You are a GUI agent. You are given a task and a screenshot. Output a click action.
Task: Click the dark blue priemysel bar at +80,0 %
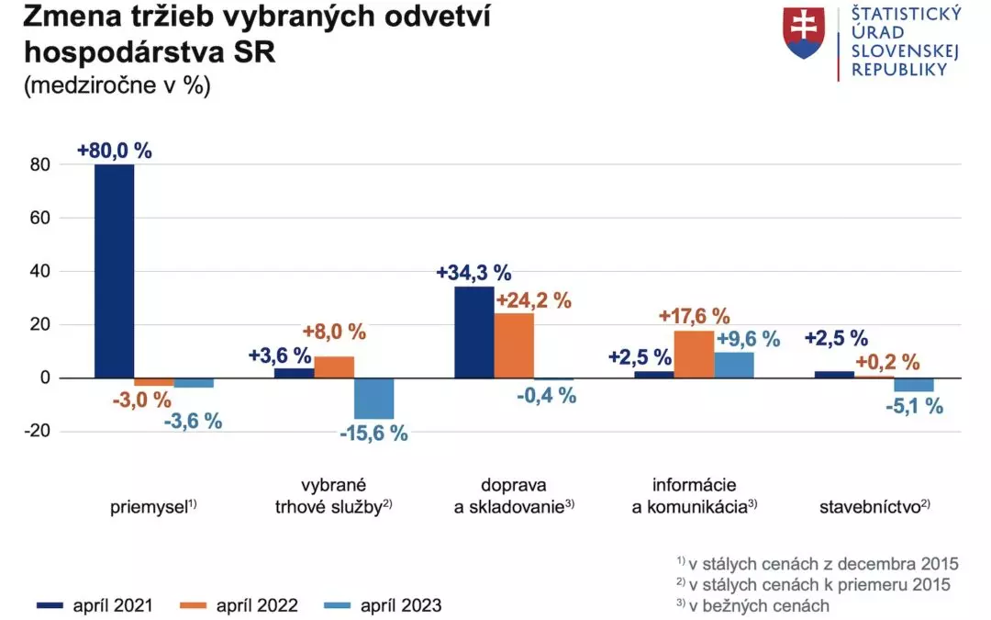(115, 271)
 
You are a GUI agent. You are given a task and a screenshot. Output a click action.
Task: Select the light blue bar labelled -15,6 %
(373, 399)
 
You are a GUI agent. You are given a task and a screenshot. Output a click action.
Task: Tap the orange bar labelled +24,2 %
(514, 345)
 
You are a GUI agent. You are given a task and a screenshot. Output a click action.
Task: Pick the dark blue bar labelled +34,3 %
(474, 333)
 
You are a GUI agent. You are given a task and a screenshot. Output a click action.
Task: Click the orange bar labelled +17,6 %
(694, 355)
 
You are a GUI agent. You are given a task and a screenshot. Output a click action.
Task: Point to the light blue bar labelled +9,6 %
(734, 365)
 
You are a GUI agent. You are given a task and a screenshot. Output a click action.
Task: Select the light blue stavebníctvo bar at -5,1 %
(913, 385)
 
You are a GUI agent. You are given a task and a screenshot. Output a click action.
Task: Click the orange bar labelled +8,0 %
(334, 366)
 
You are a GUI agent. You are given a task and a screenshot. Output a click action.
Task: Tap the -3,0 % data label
(142, 400)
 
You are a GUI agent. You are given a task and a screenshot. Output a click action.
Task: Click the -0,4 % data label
(547, 396)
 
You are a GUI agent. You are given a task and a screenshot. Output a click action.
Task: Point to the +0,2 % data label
(887, 362)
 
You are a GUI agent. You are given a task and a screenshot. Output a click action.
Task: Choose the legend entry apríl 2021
(95, 605)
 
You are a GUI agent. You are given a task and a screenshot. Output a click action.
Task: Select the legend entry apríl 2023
(383, 605)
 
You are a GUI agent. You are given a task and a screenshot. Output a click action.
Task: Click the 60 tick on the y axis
(39, 218)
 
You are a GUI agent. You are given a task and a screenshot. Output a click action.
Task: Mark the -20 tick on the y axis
(37, 431)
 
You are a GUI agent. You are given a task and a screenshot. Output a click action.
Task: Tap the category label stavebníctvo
(874, 506)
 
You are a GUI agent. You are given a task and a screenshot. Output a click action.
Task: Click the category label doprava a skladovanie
(514, 495)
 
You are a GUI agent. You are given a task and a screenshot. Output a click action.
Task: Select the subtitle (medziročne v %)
(117, 85)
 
